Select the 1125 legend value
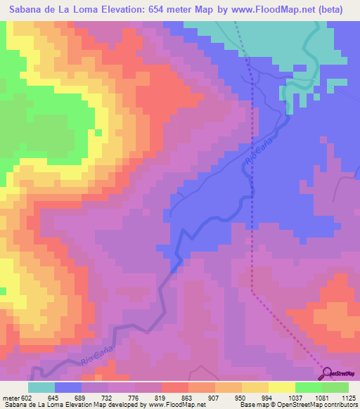tap(347, 398)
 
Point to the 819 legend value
tap(160, 398)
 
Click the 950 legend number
tap(239, 398)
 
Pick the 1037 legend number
tap(293, 398)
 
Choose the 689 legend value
tap(80, 398)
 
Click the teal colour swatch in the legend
tap(41, 387)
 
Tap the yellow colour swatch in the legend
tap(281, 387)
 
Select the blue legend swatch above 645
tap(67, 387)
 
